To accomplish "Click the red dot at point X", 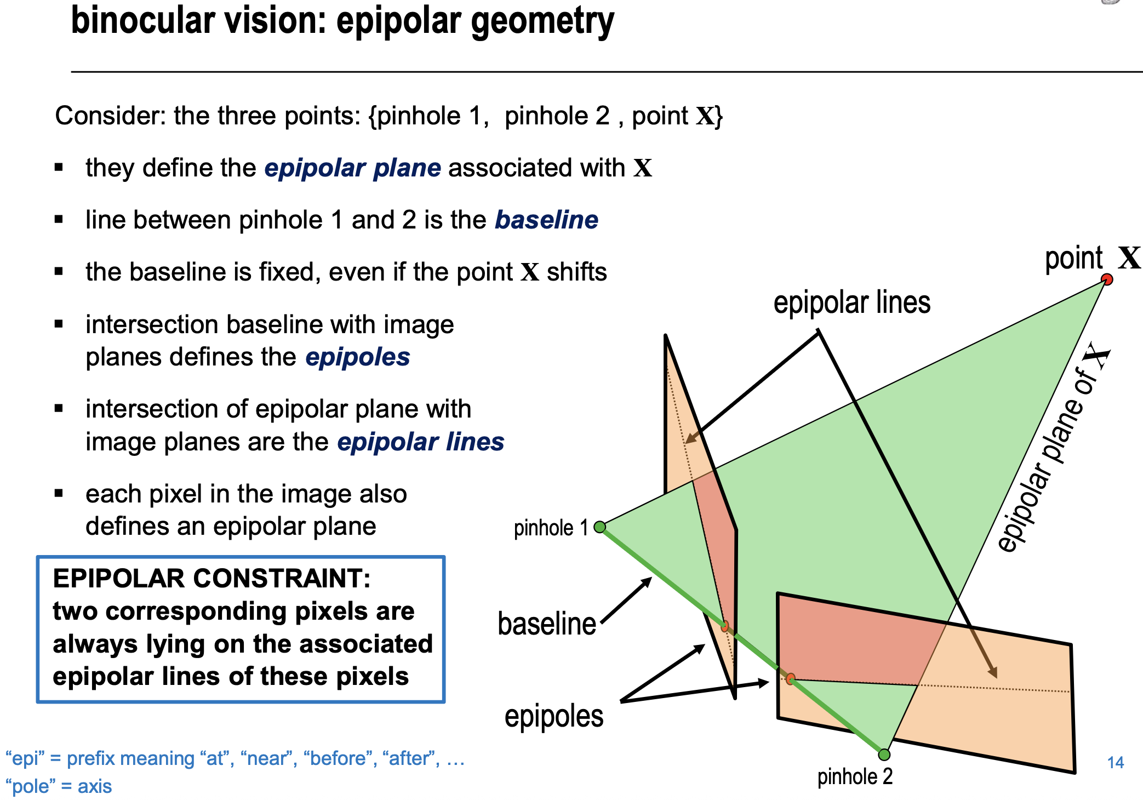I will [1107, 279].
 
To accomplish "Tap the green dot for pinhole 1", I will [600, 527].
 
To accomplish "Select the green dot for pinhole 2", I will [884, 755].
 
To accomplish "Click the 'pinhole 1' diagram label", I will [550, 528].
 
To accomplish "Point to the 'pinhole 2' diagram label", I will [855, 776].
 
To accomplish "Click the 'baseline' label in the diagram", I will [546, 624].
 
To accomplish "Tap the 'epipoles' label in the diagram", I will [553, 716].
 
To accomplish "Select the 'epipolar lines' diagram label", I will [851, 302].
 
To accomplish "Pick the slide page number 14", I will [1115, 762].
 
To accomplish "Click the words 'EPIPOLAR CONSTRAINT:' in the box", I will [212, 578].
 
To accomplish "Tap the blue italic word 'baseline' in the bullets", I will [546, 220].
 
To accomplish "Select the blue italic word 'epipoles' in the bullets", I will [357, 357].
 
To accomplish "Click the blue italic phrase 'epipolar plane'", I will [352, 168].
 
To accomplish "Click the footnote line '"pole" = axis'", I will [59, 786].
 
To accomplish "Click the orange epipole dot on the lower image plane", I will [790, 679].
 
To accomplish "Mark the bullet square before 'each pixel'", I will [59, 493].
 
